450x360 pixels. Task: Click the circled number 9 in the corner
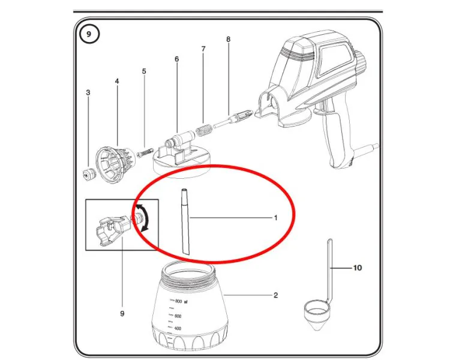(x=89, y=34)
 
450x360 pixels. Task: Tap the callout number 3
(x=88, y=92)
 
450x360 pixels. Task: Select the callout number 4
(x=117, y=81)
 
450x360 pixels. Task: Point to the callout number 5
(x=144, y=71)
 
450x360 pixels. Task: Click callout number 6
(x=177, y=59)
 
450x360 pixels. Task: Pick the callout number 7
(x=203, y=49)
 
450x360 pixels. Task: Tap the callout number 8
(x=229, y=39)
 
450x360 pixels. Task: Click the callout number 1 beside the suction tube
(x=276, y=218)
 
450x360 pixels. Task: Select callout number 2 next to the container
(x=276, y=295)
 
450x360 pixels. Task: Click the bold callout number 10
(x=358, y=268)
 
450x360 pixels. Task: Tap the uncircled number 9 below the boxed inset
(x=122, y=313)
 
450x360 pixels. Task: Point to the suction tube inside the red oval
(x=185, y=221)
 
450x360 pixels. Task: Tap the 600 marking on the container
(x=178, y=316)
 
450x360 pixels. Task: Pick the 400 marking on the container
(x=178, y=328)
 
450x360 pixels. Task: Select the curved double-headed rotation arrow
(x=146, y=217)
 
